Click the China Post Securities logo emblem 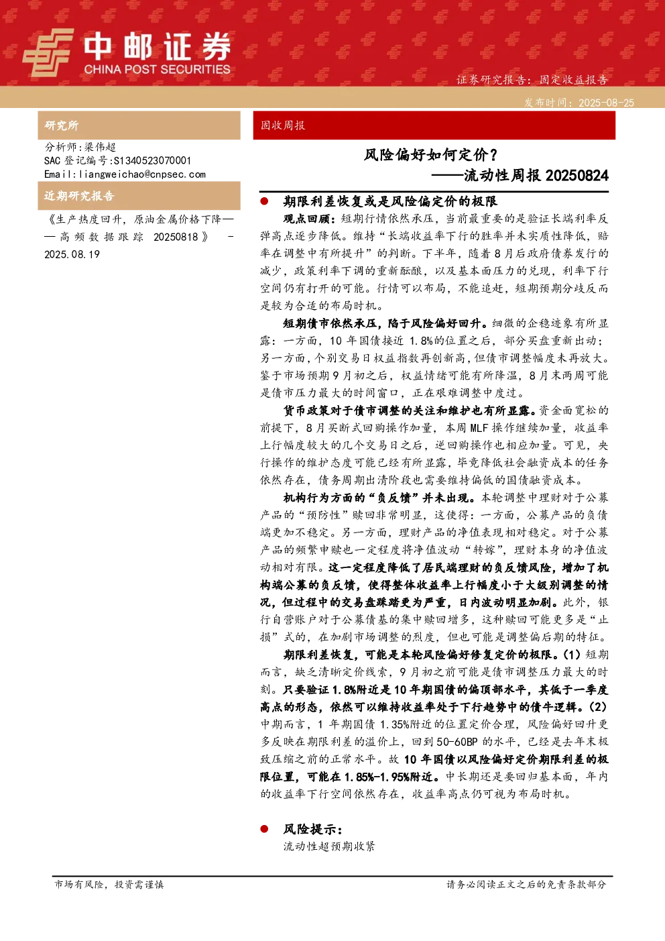(48, 52)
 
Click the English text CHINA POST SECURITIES (157, 69)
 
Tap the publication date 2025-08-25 (606, 103)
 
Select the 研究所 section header (61, 125)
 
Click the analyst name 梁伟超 (100, 147)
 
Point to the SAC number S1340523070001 (152, 160)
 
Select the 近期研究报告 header (79, 196)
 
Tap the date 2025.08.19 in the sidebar (72, 254)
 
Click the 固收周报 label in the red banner (282, 125)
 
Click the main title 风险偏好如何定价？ (431, 155)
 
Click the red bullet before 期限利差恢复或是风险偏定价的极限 (264, 201)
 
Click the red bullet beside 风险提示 (264, 829)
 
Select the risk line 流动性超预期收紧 (329, 846)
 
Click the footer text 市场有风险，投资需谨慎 (109, 884)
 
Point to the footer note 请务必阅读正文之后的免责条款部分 (526, 884)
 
